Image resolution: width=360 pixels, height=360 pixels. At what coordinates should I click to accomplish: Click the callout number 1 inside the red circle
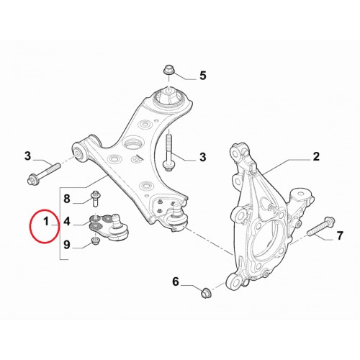tap(46, 222)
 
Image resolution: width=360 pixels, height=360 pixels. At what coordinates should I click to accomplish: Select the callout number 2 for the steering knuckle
tap(316, 156)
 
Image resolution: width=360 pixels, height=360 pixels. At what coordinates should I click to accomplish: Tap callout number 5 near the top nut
tap(203, 76)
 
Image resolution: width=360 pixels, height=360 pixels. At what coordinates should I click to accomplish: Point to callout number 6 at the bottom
tap(176, 282)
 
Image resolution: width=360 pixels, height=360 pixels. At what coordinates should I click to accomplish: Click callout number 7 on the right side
tap(340, 235)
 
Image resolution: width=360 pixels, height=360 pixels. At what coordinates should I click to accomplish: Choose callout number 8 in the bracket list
tap(67, 199)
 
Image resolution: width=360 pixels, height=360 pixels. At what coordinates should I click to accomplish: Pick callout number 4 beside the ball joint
tap(67, 221)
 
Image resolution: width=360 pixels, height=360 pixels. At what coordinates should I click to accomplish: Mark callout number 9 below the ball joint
tap(67, 245)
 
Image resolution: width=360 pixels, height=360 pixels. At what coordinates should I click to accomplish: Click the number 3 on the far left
tap(28, 156)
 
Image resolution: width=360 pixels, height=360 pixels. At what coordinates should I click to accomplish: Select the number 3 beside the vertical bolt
tap(203, 157)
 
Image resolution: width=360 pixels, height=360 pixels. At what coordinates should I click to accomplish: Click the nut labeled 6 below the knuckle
tap(206, 292)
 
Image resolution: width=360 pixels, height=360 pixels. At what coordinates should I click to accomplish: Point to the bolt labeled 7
tap(320, 227)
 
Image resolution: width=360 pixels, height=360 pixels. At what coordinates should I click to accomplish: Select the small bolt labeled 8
tap(96, 198)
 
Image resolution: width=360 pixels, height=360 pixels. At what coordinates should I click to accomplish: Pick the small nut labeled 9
tap(96, 240)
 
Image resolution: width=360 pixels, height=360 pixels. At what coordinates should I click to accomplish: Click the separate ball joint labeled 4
tap(109, 226)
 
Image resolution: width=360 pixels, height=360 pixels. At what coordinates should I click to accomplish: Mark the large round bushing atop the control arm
tap(169, 96)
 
